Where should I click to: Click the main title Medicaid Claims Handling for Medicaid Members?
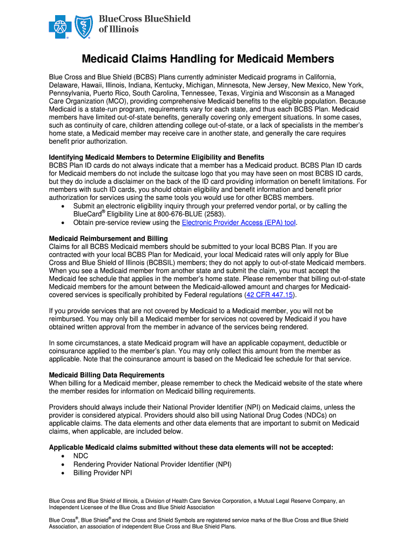[x=207, y=59]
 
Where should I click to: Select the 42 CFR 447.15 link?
[x=270, y=295]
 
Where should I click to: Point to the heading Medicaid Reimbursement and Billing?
[x=108, y=238]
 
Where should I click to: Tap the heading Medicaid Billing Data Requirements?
[x=106, y=375]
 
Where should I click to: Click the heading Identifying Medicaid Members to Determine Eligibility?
[x=156, y=157]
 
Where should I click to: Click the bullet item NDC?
[x=80, y=456]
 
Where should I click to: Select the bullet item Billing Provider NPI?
[x=102, y=473]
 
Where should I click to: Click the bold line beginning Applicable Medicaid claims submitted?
[x=191, y=447]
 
